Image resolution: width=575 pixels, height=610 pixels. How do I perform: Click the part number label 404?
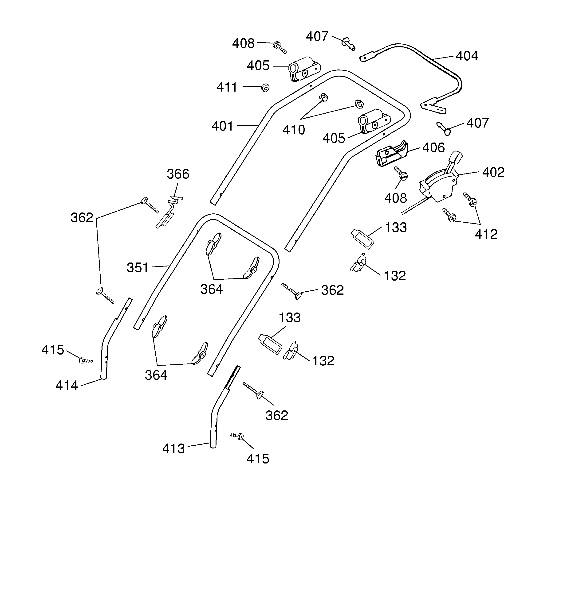[x=467, y=56]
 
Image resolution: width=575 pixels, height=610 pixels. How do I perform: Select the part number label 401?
[x=223, y=126]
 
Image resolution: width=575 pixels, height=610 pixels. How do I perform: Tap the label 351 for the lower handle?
[x=138, y=268]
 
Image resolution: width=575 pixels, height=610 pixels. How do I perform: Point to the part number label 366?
[x=178, y=174]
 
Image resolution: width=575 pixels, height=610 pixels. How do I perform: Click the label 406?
[x=433, y=148]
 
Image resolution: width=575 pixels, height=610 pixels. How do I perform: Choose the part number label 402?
[x=493, y=172]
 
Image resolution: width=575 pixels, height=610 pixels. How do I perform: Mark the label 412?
[x=486, y=234]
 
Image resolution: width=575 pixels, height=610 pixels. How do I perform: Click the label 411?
[x=227, y=87]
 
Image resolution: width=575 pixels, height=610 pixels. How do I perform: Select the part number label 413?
[x=173, y=449]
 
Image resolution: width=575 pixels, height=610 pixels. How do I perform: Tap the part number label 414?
[x=67, y=385]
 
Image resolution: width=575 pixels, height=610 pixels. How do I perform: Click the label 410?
[x=294, y=130]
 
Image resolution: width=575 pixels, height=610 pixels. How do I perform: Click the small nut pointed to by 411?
[x=265, y=88]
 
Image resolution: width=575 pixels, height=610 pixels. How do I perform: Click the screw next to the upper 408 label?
[x=280, y=48]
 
